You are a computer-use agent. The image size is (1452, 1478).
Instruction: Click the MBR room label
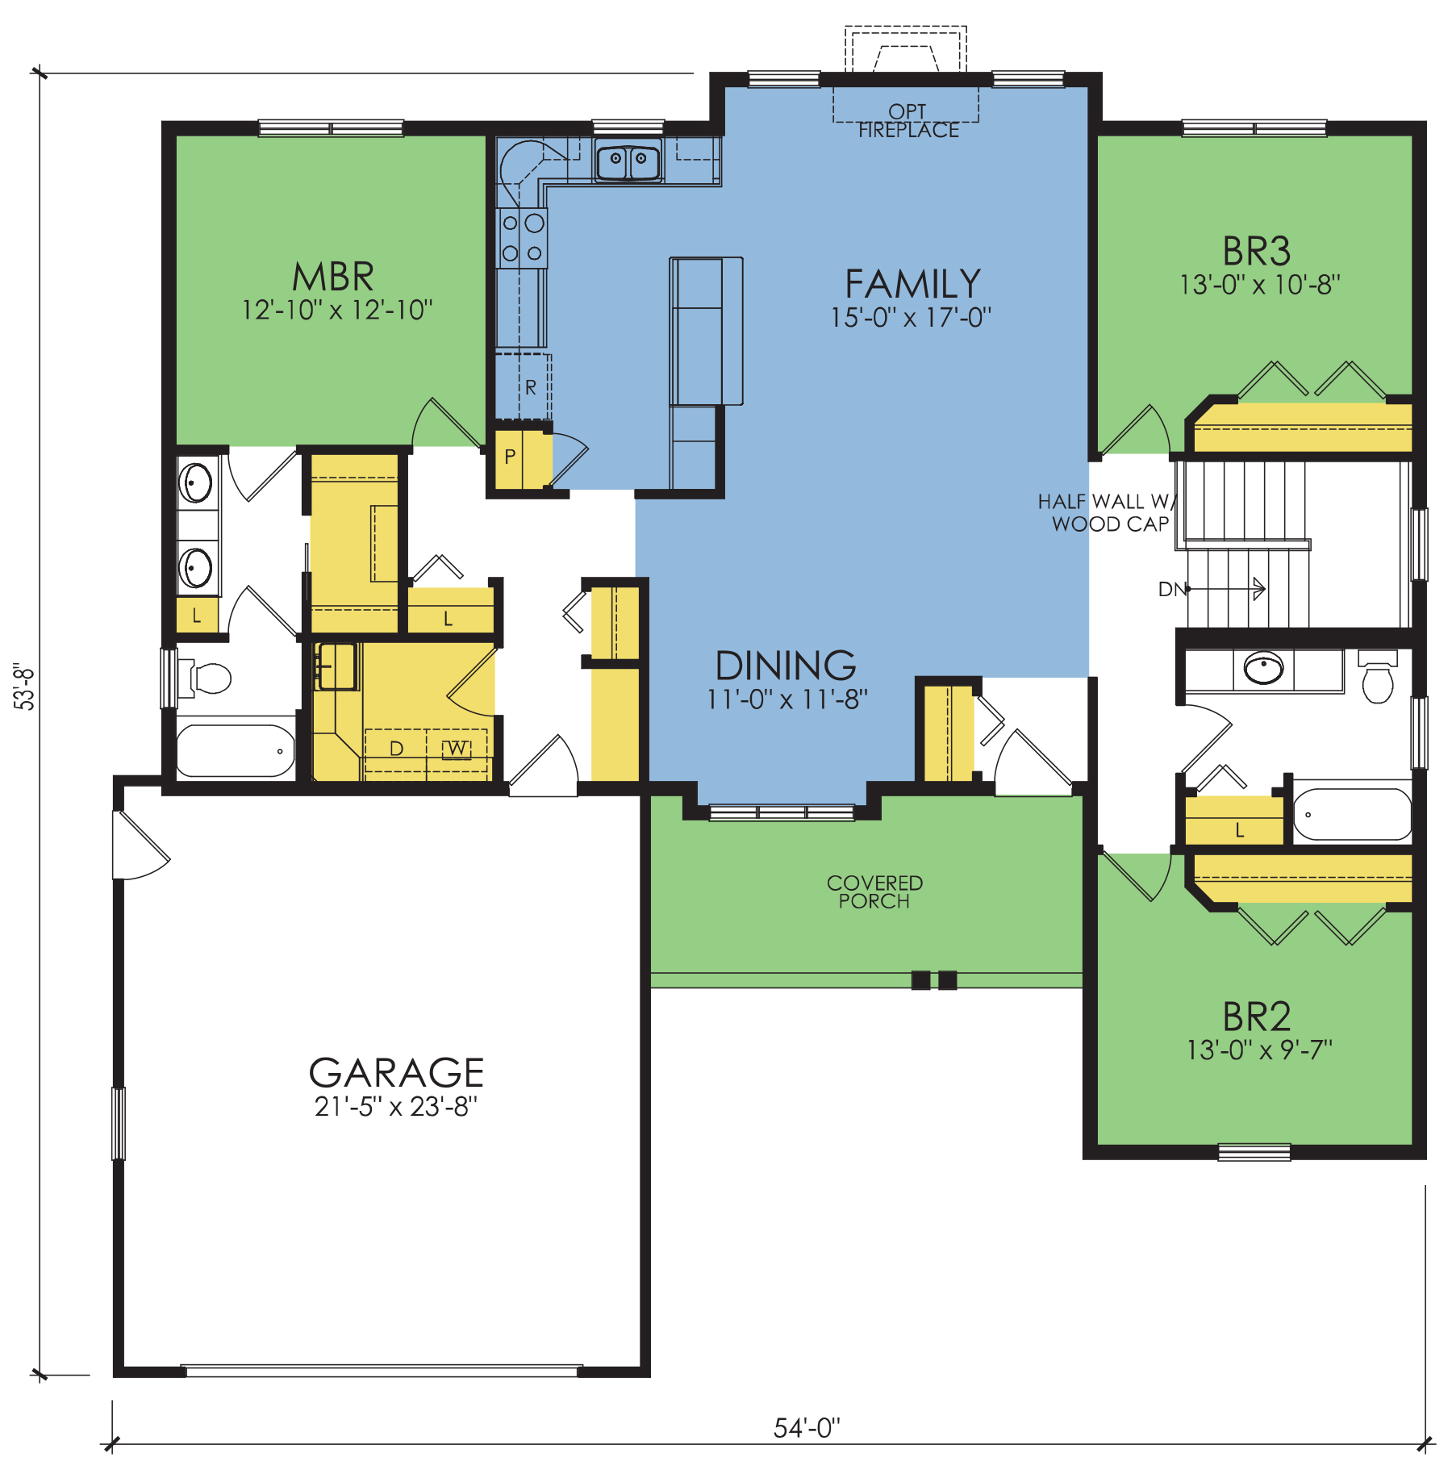pyautogui.click(x=333, y=277)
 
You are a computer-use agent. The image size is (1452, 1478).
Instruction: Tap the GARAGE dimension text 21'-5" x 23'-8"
pyautogui.click(x=396, y=1106)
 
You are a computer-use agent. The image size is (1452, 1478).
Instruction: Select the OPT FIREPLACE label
pyautogui.click(x=908, y=121)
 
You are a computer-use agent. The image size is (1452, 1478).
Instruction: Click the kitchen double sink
pyautogui.click(x=628, y=160)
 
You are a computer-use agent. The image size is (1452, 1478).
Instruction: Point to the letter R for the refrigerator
pyautogui.click(x=530, y=387)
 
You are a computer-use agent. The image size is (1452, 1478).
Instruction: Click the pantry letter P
pyautogui.click(x=510, y=457)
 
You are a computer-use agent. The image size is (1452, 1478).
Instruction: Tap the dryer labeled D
pyautogui.click(x=396, y=749)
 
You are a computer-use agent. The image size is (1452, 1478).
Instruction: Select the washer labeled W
pyautogui.click(x=457, y=749)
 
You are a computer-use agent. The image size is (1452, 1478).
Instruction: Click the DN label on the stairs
pyautogui.click(x=1172, y=590)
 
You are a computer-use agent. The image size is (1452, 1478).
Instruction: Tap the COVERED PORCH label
pyautogui.click(x=874, y=891)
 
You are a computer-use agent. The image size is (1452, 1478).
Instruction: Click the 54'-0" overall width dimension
pyautogui.click(x=807, y=1428)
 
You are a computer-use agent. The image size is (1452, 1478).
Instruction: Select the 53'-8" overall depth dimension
pyautogui.click(x=25, y=687)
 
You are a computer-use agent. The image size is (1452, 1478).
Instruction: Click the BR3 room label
pyautogui.click(x=1256, y=251)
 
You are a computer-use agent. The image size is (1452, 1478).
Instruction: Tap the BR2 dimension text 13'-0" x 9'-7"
pyautogui.click(x=1259, y=1050)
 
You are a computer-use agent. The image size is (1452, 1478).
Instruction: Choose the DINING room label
pyautogui.click(x=786, y=666)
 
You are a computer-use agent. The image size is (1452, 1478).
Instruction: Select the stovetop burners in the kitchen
pyautogui.click(x=522, y=238)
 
